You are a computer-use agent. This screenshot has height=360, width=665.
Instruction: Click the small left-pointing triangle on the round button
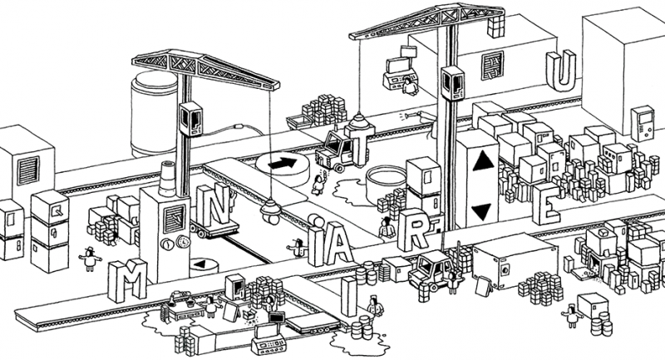(199, 264)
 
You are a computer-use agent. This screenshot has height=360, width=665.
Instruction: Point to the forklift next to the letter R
(434, 270)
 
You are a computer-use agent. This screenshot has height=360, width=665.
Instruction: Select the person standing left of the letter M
(90, 259)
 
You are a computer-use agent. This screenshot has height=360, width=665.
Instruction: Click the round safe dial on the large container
(504, 268)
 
